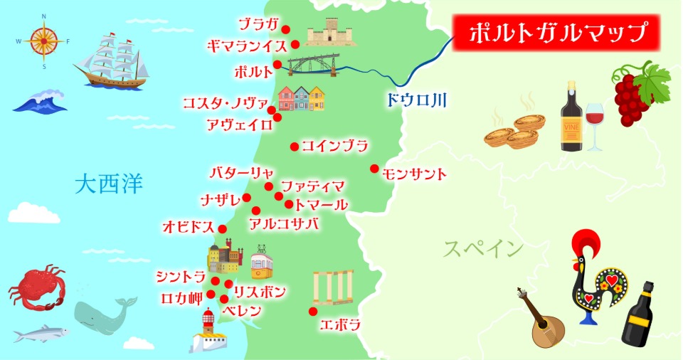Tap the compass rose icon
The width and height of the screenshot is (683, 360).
point(43,41)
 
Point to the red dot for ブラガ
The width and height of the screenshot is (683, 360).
point(286,29)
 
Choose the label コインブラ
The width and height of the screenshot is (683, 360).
point(335,147)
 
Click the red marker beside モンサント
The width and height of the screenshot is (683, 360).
point(374,169)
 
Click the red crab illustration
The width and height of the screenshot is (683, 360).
point(37,289)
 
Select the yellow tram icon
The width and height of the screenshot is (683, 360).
point(261,263)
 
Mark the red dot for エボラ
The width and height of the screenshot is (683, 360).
point(312,311)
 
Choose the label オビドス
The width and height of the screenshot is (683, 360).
point(189,227)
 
